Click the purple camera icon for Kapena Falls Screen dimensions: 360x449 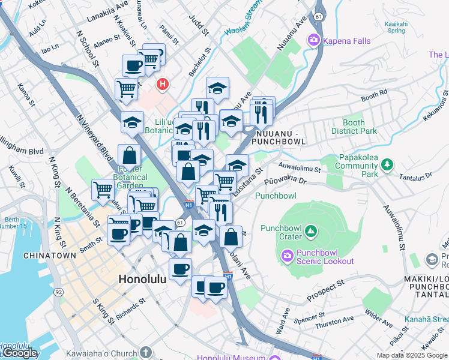pyautogui.click(x=313, y=41)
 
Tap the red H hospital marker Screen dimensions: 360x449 pyautogui.click(x=162, y=85)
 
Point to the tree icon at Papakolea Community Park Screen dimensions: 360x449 pyautogui.click(x=387, y=163)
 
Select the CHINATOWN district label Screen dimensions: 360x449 pyautogui.click(x=50, y=256)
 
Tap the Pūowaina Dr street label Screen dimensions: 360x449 pyautogui.click(x=289, y=178)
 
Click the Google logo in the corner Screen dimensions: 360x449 pyautogui.click(x=20, y=353)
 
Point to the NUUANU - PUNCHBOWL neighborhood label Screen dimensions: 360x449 pyautogui.click(x=278, y=137)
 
